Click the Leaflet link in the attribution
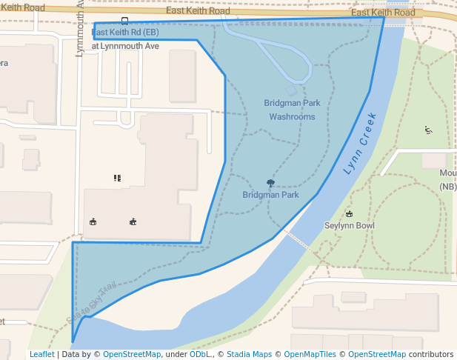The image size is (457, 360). click(41, 354)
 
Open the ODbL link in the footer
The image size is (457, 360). click(199, 354)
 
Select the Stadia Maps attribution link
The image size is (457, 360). click(249, 354)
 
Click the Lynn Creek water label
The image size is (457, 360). click(361, 143)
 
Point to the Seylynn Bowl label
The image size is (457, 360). click(350, 225)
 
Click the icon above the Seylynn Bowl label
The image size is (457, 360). click(350, 213)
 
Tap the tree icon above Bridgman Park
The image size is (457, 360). click(270, 183)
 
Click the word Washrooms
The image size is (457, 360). click(292, 116)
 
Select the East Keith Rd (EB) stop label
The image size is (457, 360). click(125, 33)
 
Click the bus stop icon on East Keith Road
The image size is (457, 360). click(124, 21)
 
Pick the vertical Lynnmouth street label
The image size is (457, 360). click(81, 30)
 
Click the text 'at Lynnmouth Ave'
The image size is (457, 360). click(125, 46)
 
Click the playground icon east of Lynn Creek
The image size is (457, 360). click(429, 130)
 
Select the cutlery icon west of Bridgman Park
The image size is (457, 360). click(117, 178)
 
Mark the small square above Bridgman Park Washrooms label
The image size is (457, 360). click(290, 90)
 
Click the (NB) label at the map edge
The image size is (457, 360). click(448, 187)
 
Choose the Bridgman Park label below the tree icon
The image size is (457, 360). click(270, 195)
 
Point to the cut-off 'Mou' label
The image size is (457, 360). click(447, 173)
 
